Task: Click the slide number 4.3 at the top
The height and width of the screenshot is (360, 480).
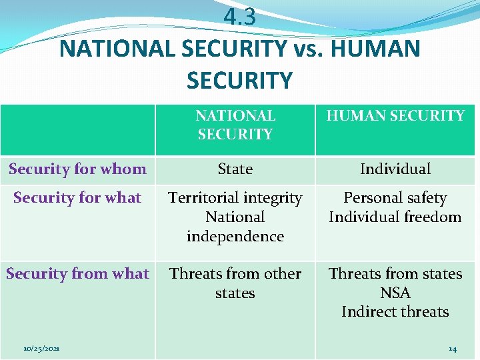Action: click(239, 17)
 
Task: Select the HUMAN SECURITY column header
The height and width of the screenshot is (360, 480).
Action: click(395, 116)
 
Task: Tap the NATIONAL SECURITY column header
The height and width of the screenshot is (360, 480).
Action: click(235, 125)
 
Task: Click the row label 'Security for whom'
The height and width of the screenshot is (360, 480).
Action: click(77, 169)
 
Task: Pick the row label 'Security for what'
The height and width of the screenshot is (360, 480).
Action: click(77, 198)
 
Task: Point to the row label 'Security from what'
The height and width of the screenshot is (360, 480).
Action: click(77, 274)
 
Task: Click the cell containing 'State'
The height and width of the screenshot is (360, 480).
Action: click(235, 169)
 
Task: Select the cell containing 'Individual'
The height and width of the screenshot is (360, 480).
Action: click(395, 169)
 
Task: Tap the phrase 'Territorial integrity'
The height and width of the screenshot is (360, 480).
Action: click(235, 198)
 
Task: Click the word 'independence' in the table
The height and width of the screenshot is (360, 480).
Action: click(235, 237)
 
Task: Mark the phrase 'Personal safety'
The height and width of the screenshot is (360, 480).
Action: click(395, 198)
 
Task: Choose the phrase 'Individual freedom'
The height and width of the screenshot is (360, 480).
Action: click(395, 217)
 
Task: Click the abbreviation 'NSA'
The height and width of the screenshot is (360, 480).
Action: click(395, 293)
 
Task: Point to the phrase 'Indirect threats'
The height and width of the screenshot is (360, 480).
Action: click(395, 312)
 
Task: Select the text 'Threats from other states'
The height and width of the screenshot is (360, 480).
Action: click(235, 283)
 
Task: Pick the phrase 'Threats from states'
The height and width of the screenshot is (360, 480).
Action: click(395, 274)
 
